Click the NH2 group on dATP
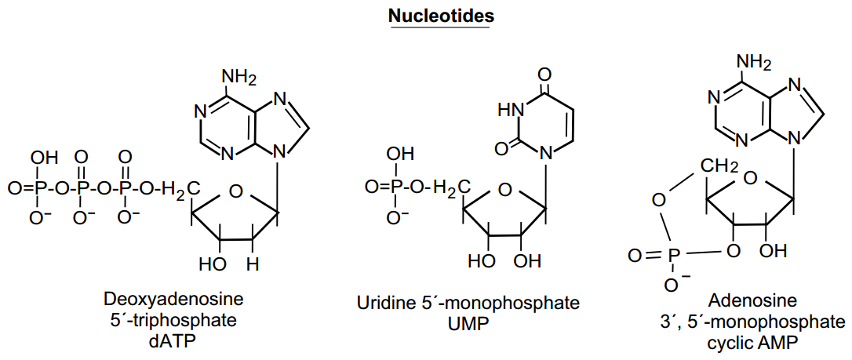pyautogui.click(x=239, y=77)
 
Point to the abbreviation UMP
pyautogui.click(x=468, y=323)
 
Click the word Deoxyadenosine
pyautogui.click(x=173, y=300)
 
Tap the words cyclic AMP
pyautogui.click(x=754, y=341)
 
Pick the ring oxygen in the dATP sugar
pyautogui.click(x=236, y=191)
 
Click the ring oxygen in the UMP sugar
pyautogui.click(x=504, y=190)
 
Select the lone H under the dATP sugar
pyautogui.click(x=252, y=264)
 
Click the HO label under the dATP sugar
pyautogui.click(x=212, y=264)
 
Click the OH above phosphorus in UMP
pyautogui.click(x=402, y=155)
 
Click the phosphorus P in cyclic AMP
pyautogui.click(x=674, y=255)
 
